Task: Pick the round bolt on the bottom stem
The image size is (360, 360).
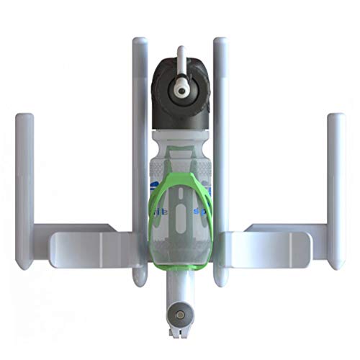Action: coord(177,314)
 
